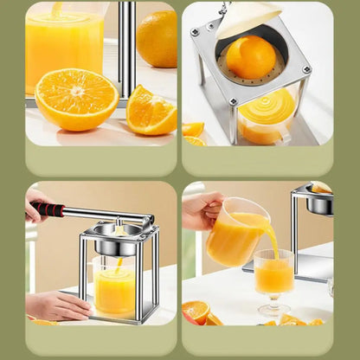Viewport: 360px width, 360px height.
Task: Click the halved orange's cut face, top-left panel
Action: tap(76, 98)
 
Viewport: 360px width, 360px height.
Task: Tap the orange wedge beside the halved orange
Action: tap(151, 110)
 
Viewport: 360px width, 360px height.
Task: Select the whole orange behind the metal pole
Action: tap(157, 39)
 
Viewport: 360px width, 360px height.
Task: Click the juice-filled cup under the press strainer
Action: tap(266, 114)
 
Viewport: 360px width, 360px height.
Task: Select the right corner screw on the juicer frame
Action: tap(305, 68)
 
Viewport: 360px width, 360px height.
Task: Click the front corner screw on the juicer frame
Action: tap(233, 101)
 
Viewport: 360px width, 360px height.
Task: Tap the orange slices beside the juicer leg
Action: tap(194, 132)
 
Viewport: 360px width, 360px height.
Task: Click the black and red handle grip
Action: tap(48, 209)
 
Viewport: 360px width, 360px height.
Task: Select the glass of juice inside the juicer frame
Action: tap(115, 289)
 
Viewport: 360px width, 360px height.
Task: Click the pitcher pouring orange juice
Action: tap(236, 233)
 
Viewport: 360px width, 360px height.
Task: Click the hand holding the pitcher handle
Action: tap(201, 209)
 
